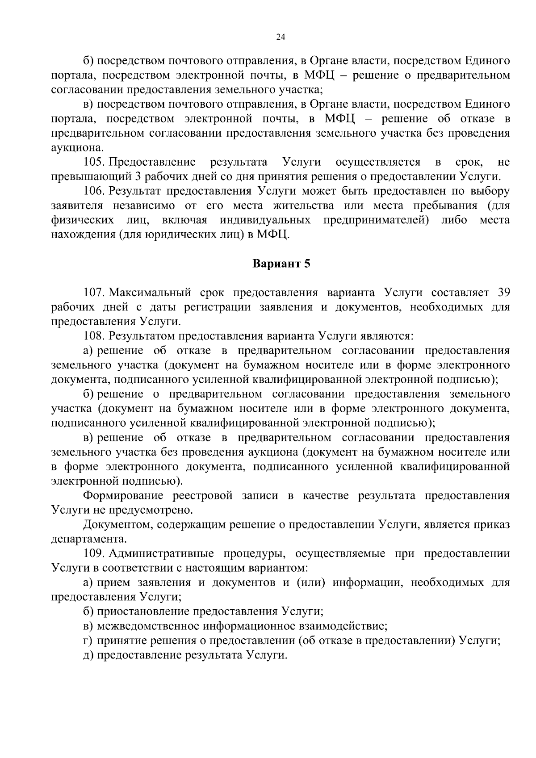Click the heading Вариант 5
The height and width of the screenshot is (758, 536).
[x=281, y=264]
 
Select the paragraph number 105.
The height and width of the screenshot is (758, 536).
[x=94, y=162]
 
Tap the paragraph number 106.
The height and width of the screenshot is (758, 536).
[x=94, y=191]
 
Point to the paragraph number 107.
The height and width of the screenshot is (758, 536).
[x=94, y=293]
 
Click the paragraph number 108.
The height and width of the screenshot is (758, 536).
[x=94, y=336]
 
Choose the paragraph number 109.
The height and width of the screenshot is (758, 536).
[x=94, y=554]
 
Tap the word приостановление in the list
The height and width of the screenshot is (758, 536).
[x=144, y=611]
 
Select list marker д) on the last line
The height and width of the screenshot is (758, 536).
[x=88, y=655]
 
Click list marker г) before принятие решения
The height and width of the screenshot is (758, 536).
[x=88, y=641]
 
